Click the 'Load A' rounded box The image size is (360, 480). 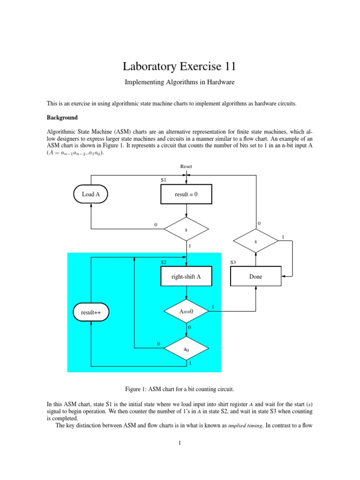(91, 194)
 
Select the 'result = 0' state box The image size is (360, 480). (186, 194)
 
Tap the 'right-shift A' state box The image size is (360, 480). (186, 277)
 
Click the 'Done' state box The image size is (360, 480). (255, 277)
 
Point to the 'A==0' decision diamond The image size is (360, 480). (186, 311)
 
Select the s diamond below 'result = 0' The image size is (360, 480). (186, 229)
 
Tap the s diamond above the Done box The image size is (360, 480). (255, 241)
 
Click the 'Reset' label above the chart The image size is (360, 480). (186, 166)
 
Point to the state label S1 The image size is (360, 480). (164, 180)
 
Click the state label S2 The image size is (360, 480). (164, 262)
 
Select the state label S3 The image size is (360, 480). (233, 262)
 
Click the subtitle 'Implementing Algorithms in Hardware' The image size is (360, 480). (180, 82)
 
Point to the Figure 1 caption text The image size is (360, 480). (180, 389)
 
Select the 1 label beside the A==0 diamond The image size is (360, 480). (213, 307)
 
